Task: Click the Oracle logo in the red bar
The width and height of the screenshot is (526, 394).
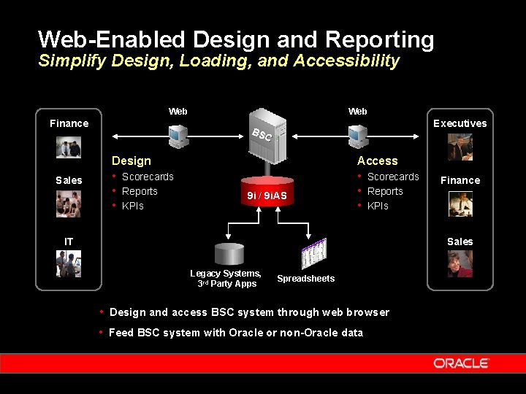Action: (x=461, y=363)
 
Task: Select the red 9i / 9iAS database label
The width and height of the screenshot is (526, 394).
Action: (x=267, y=196)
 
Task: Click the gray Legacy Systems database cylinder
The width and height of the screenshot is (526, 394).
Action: (x=229, y=253)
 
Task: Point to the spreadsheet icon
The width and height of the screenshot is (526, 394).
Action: (x=313, y=254)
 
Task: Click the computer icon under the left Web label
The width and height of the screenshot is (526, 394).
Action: (x=177, y=136)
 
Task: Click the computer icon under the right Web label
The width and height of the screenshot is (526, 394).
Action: (x=357, y=136)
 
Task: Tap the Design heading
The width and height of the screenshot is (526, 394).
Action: (x=131, y=161)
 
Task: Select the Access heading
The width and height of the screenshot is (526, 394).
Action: (x=377, y=161)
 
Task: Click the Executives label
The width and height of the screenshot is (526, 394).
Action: (x=460, y=123)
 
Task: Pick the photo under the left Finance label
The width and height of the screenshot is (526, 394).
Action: (x=69, y=147)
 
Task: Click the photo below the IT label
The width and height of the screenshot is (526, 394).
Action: (x=69, y=264)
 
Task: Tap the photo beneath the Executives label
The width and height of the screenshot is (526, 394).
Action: (x=460, y=148)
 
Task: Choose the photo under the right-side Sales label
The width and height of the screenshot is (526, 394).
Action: (x=460, y=263)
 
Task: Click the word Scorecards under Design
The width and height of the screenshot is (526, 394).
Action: (x=148, y=177)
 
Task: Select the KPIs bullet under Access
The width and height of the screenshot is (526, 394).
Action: (x=378, y=206)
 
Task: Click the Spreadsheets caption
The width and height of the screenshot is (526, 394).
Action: (x=305, y=279)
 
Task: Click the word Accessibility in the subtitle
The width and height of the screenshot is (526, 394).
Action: (x=346, y=61)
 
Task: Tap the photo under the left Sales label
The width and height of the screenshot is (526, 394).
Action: (x=69, y=204)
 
